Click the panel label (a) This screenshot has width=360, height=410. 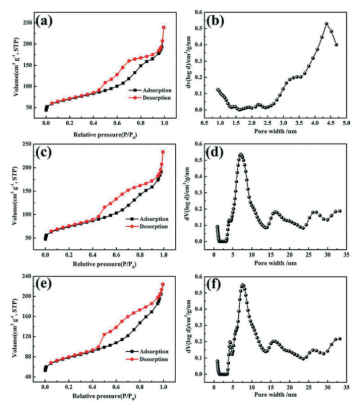point(45,22)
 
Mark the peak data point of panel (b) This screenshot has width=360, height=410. point(326,24)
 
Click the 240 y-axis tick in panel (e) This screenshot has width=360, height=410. point(27,276)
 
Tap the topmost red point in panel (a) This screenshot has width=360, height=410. point(164,27)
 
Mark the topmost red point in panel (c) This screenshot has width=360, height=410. point(163,152)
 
